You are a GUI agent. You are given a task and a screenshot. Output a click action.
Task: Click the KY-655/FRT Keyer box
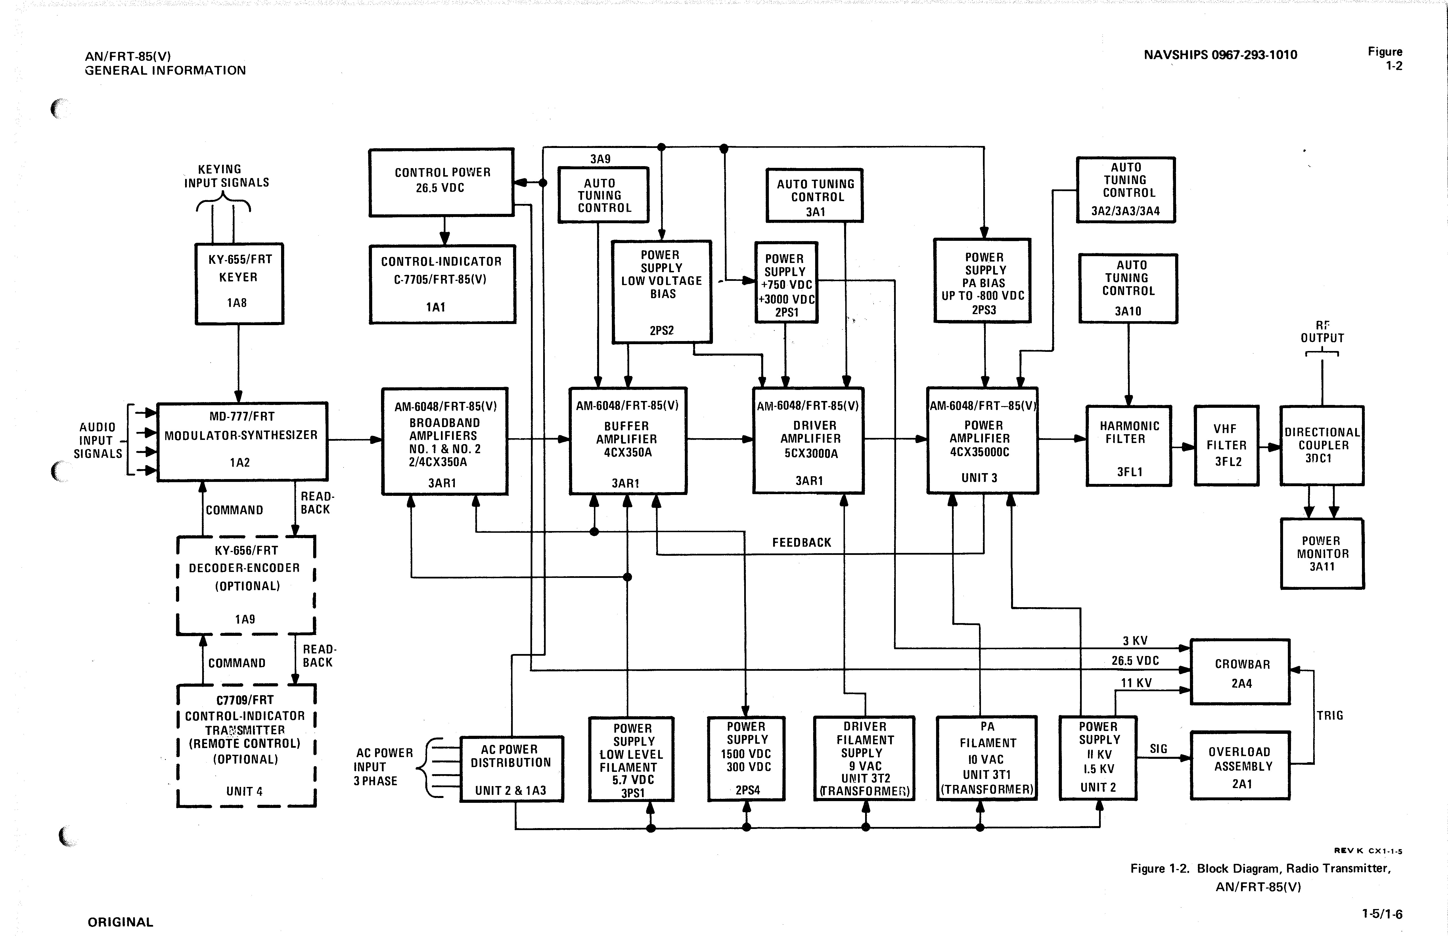(239, 283)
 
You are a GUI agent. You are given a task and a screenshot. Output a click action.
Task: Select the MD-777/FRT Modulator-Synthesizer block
(242, 441)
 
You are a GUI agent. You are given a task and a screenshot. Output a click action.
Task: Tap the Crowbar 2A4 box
(1240, 672)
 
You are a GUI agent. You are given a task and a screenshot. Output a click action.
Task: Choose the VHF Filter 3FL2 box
(1226, 446)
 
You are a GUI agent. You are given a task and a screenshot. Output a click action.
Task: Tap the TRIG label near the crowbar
(1330, 715)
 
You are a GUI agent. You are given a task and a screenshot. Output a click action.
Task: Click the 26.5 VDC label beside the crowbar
(1135, 661)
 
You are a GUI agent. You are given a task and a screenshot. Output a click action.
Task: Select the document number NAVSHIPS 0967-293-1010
(1220, 55)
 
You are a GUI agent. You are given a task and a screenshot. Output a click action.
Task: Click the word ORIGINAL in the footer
(120, 922)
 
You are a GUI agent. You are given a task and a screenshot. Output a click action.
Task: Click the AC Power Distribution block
(511, 769)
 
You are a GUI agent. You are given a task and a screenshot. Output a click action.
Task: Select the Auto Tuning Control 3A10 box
(1128, 288)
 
